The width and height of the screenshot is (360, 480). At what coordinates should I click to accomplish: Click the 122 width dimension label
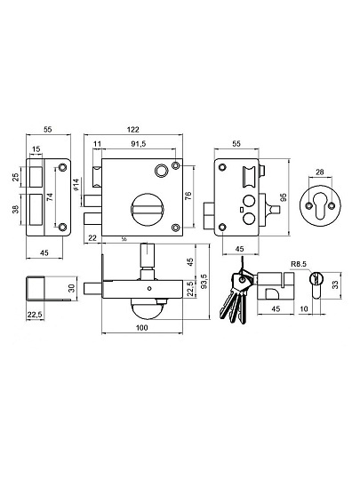pos(132,130)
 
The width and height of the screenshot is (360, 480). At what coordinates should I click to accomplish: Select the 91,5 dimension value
pos(139,144)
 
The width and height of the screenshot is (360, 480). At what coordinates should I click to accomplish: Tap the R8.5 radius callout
pos(299,264)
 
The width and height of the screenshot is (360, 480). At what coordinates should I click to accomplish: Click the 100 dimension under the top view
pos(141,328)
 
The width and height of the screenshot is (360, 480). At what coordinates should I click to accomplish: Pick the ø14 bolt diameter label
pos(76,185)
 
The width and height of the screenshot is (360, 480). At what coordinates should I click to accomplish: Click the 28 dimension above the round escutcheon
pos(320,172)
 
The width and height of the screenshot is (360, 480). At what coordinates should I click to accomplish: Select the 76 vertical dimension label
pos(188,196)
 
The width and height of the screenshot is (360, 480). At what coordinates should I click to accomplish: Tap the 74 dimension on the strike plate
pos(52,196)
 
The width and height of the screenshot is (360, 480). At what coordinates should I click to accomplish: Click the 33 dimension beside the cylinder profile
pos(335,284)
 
